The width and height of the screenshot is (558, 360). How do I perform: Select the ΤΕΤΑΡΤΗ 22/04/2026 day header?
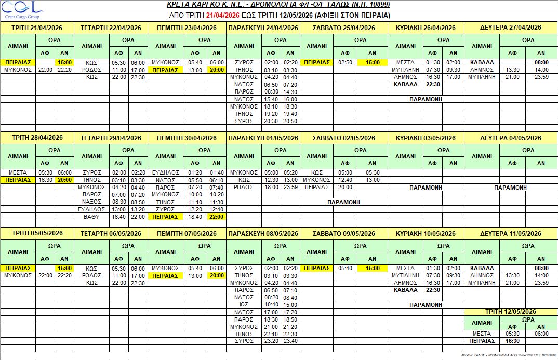click(111, 28)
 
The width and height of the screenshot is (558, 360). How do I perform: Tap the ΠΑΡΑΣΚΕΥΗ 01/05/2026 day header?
click(263, 138)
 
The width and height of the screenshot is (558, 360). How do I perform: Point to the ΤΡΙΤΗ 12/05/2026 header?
click(510, 311)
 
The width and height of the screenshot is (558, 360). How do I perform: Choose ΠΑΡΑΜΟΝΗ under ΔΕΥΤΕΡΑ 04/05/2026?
click(510, 187)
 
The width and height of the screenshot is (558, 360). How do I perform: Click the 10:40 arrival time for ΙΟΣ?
click(271, 304)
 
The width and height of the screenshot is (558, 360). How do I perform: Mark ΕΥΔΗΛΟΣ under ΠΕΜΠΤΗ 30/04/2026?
click(165, 172)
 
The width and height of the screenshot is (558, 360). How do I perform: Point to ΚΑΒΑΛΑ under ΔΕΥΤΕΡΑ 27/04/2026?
click(481, 62)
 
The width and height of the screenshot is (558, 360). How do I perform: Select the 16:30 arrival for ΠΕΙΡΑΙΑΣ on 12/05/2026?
click(512, 341)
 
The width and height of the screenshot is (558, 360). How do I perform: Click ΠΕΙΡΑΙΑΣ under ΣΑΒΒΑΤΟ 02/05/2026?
click(316, 187)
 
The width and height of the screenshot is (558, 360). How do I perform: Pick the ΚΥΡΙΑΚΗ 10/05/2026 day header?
click(426, 233)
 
